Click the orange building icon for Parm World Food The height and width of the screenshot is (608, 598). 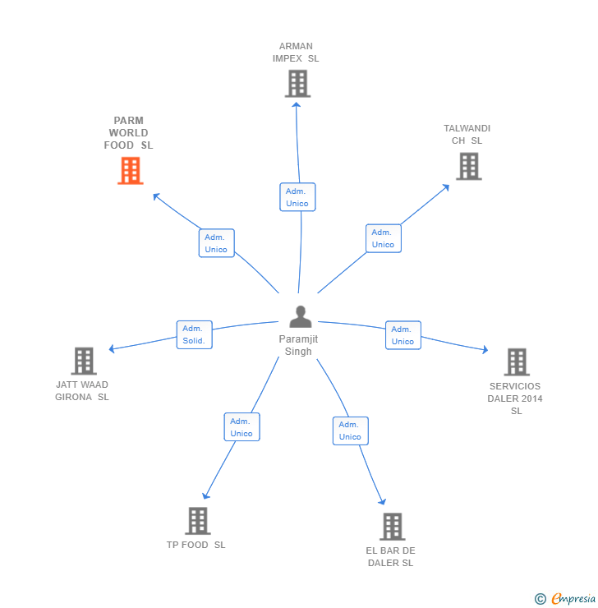[x=130, y=171]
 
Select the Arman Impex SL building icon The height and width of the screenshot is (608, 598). [x=297, y=83]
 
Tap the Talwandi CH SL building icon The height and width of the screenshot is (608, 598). [x=468, y=166]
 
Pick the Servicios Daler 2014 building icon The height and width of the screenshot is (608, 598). [x=516, y=362]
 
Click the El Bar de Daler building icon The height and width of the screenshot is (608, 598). [x=392, y=527]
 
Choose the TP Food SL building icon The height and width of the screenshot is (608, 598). [x=197, y=521]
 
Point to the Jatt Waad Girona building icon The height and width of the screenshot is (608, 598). [x=83, y=361]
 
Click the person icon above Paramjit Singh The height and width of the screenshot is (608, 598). [x=300, y=316]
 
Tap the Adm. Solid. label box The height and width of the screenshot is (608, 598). [x=194, y=334]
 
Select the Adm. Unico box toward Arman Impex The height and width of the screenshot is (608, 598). [x=297, y=197]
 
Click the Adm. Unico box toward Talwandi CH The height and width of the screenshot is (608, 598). [x=383, y=238]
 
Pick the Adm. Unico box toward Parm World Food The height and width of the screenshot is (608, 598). [x=216, y=243]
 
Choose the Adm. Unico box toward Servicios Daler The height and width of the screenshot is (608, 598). [x=402, y=335]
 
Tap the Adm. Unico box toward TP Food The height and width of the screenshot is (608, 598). [x=241, y=427]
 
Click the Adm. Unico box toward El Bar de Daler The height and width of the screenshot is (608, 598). [x=350, y=431]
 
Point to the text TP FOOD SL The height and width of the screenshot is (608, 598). [x=195, y=545]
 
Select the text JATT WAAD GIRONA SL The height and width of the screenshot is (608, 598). [x=82, y=391]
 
